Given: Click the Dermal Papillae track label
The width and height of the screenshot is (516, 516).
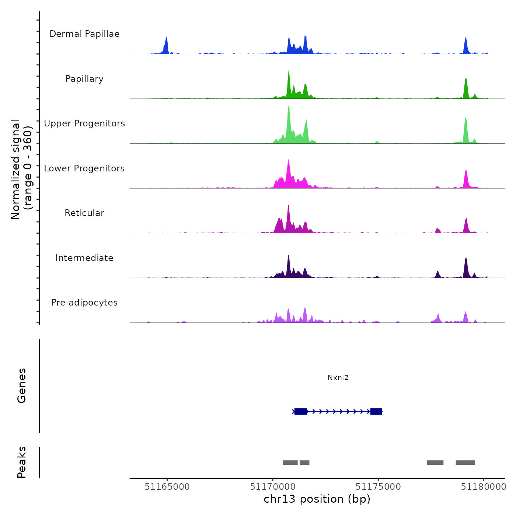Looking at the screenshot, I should click(x=84, y=34).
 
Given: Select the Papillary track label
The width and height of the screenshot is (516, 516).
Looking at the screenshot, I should click(x=84, y=79).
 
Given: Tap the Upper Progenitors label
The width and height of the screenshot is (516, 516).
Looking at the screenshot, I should click(x=84, y=123).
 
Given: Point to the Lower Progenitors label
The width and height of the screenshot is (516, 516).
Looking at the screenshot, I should click(x=84, y=168).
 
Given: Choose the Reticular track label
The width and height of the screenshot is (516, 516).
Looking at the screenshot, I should click(x=84, y=213).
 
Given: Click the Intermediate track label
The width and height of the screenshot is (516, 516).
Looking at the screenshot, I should click(x=84, y=258).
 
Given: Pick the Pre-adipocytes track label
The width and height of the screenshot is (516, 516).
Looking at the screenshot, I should click(x=84, y=303).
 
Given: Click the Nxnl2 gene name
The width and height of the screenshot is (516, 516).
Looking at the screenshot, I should click(x=338, y=378).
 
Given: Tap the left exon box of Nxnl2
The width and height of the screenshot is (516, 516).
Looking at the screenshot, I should click(x=301, y=411).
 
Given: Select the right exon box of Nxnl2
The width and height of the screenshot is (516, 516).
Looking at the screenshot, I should click(x=376, y=411).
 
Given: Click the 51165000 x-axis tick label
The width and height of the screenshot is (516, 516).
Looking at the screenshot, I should click(x=167, y=487).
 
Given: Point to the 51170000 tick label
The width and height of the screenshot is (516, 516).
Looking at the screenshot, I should click(x=273, y=487).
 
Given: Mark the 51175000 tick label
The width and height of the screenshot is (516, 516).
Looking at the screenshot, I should click(x=378, y=487).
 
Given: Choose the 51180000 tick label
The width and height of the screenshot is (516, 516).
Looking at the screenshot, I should click(x=484, y=487).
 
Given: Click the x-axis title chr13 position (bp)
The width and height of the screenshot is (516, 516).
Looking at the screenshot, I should click(x=317, y=499).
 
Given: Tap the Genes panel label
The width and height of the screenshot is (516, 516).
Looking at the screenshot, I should click(x=22, y=386).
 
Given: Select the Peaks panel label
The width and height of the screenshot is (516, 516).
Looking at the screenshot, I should click(x=22, y=462).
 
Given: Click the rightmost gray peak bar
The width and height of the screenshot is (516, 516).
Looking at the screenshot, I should click(x=465, y=463).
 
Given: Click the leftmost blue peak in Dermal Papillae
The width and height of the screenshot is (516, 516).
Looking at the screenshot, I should click(x=166, y=46).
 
